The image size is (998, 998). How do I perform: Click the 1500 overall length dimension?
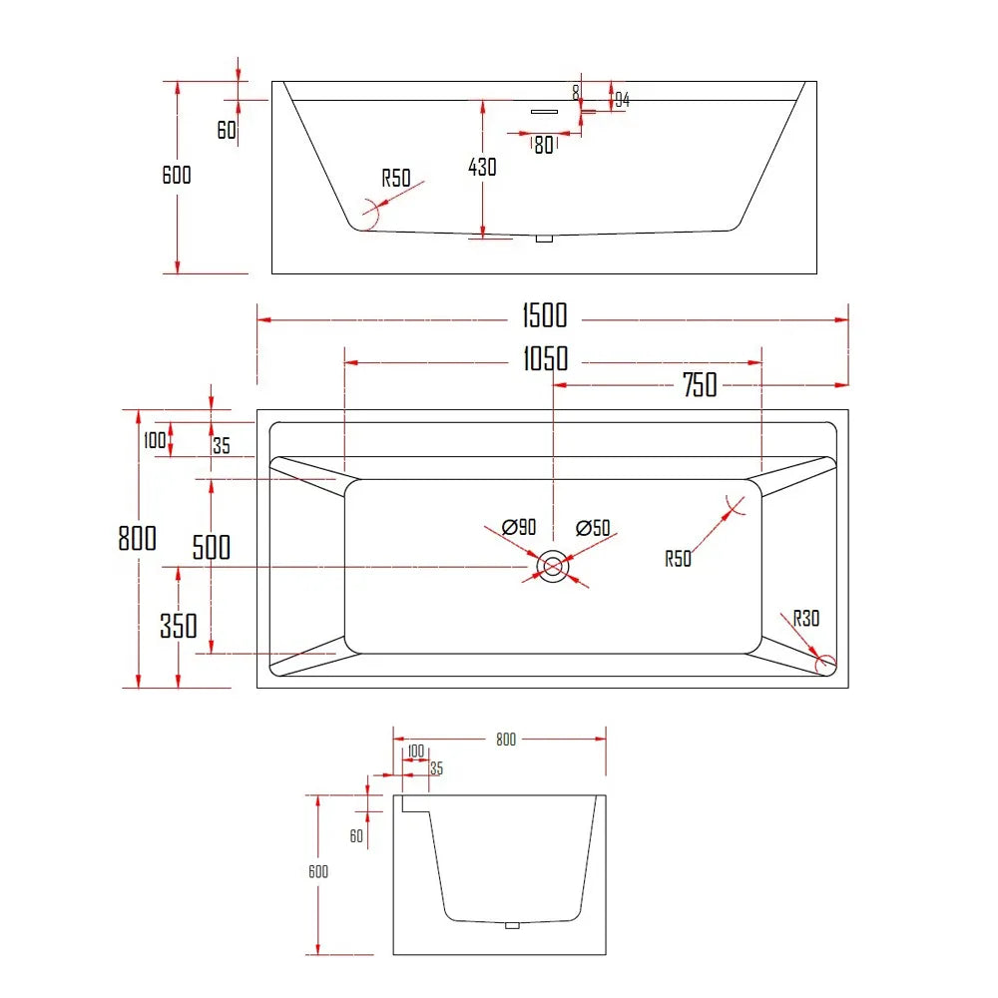[544, 315]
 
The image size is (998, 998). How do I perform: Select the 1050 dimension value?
[544, 358]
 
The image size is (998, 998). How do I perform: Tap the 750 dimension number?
[700, 385]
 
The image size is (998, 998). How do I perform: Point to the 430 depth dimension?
[482, 167]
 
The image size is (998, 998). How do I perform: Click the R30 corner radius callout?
[805, 619]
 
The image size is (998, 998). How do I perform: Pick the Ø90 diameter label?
[520, 527]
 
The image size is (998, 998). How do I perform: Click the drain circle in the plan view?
[552, 567]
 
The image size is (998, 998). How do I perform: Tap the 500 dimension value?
[211, 547]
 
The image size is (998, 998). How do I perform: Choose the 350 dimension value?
[179, 626]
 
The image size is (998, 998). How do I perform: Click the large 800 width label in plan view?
[138, 538]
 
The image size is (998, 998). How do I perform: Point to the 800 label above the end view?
[506, 740]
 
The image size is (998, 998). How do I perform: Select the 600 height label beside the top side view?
[177, 175]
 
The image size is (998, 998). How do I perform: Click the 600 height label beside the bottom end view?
[318, 871]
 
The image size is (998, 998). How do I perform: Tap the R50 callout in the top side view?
[396, 179]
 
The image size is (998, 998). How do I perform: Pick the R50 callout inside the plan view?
[678, 559]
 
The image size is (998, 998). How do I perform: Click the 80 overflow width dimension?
[543, 145]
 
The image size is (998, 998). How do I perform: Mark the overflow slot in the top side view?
[543, 111]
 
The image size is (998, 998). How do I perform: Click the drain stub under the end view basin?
[513, 925]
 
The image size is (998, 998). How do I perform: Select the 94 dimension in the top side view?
[621, 99]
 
